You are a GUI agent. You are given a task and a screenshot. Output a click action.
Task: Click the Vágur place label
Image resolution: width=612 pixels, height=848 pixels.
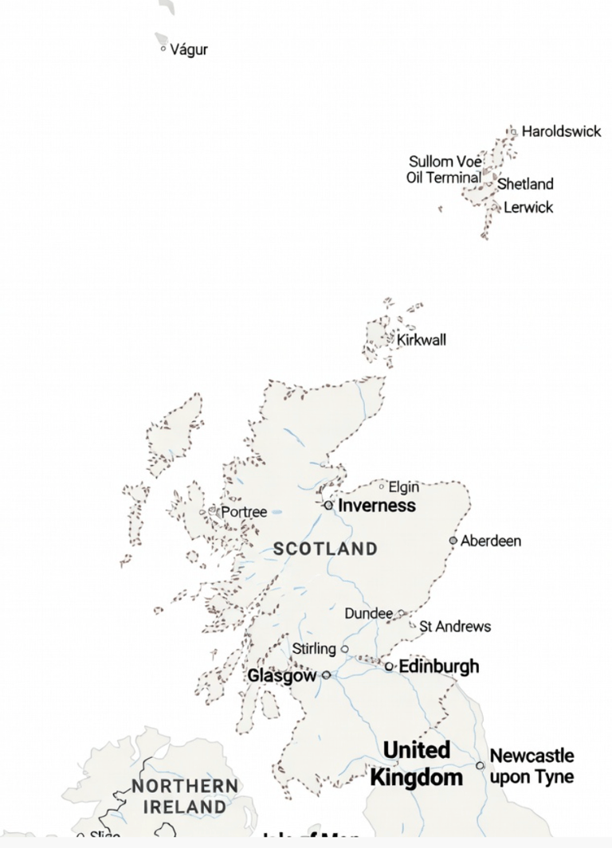click(190, 49)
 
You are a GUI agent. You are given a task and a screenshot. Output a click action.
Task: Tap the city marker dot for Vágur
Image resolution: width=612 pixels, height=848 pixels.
click(163, 49)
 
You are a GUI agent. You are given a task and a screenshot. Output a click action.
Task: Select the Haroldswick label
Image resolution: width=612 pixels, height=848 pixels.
click(561, 131)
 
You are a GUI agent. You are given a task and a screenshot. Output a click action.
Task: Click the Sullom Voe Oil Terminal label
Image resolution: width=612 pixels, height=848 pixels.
click(445, 170)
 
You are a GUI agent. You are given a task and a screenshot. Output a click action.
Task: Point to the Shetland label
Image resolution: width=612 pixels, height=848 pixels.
click(525, 184)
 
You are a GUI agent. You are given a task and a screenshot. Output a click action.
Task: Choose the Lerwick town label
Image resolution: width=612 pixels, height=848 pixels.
click(528, 208)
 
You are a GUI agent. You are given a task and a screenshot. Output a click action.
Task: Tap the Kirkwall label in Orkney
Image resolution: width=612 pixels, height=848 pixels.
click(422, 340)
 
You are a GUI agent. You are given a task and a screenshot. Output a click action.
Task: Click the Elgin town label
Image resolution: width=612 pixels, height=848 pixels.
click(403, 487)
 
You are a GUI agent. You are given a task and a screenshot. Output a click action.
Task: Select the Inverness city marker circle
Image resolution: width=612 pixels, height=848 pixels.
click(328, 505)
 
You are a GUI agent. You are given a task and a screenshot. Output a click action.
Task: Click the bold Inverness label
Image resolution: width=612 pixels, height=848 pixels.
click(377, 506)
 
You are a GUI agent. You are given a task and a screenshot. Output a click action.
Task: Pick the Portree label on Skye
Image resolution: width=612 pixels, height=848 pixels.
click(244, 512)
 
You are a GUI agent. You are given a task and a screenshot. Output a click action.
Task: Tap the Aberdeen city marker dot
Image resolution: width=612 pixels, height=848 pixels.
click(453, 540)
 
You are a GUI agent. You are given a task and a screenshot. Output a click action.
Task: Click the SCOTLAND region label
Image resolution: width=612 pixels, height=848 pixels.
click(325, 549)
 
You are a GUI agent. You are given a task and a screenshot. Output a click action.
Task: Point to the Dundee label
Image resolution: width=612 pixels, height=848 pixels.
click(368, 614)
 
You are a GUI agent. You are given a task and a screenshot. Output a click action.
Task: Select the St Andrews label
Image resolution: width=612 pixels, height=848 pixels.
click(455, 627)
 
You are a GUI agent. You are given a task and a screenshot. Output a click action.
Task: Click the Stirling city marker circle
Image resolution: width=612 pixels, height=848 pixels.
click(345, 649)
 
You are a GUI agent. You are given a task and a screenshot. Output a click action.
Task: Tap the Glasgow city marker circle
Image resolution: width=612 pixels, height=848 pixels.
click(326, 675)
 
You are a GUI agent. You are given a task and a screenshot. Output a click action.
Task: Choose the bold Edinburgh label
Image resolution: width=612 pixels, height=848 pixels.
click(438, 666)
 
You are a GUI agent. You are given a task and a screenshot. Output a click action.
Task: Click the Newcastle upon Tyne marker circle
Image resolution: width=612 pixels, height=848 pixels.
click(480, 765)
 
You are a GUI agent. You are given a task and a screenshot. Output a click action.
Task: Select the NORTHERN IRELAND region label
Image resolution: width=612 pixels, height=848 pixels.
click(185, 796)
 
